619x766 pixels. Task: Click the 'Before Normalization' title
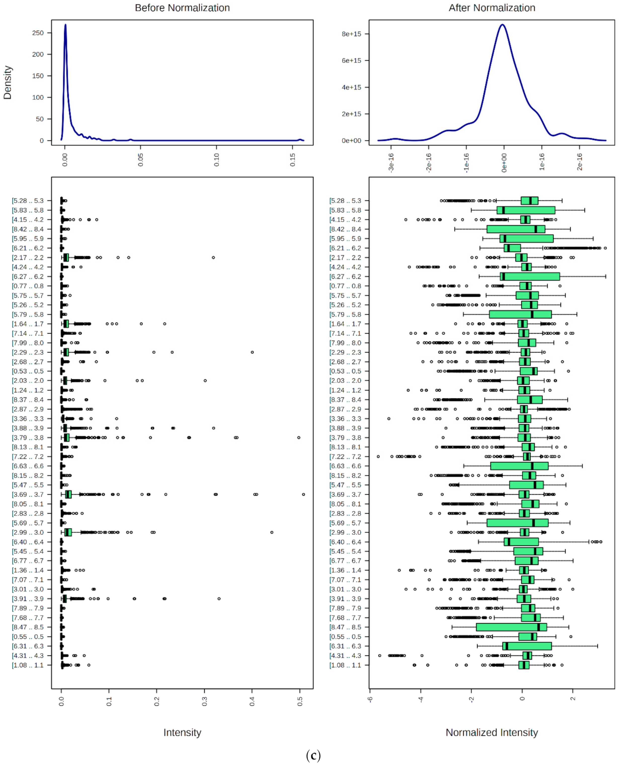[x=182, y=8]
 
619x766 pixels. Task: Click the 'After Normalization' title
[x=492, y=8]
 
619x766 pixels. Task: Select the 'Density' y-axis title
[x=7, y=82]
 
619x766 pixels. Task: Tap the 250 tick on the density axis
[x=38, y=33]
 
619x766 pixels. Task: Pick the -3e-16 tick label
[x=391, y=163]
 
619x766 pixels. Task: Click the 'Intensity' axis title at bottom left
[x=182, y=732]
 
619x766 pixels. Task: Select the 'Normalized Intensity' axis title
[x=492, y=732]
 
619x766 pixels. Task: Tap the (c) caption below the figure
[x=313, y=756]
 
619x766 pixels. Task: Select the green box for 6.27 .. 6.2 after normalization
[x=530, y=276]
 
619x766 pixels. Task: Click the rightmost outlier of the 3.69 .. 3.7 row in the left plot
[x=303, y=495]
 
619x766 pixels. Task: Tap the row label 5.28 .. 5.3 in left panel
[x=28, y=200]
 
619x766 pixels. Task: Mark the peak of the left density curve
[x=65, y=25]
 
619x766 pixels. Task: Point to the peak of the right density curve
[x=502, y=25]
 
